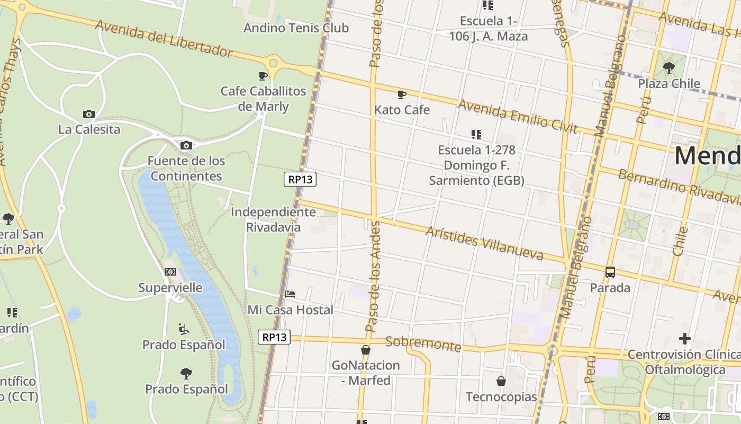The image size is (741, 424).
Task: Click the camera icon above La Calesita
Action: [x=89, y=114]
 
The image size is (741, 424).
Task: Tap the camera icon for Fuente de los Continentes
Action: [x=186, y=145]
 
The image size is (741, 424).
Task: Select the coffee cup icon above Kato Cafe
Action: [x=402, y=95]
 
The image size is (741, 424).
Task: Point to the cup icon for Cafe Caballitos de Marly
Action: [x=263, y=76]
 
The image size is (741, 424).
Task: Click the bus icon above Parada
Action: [x=610, y=272]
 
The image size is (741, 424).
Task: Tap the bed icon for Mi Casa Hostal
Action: [x=290, y=294]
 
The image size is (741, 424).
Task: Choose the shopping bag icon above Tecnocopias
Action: [x=501, y=381]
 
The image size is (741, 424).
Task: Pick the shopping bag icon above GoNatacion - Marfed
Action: [x=365, y=350]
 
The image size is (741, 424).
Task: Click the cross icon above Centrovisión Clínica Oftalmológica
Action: [x=685, y=338]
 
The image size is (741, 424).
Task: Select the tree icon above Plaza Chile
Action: [x=669, y=68]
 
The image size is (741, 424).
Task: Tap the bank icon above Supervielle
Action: [x=170, y=272]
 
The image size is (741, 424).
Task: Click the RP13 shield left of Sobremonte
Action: [x=274, y=337]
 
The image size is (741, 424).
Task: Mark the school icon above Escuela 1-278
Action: [x=476, y=135]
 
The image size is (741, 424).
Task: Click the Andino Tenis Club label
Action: [x=296, y=28]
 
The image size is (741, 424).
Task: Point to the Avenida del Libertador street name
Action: [x=164, y=38]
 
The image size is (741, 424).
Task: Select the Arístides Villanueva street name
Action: [x=484, y=243]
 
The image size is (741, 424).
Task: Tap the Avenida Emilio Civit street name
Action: [x=517, y=116]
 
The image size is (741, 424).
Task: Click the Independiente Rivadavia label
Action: [x=273, y=219]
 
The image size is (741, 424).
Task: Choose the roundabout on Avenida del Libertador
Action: [x=273, y=63]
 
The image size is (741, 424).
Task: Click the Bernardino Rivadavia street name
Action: [x=680, y=187]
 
